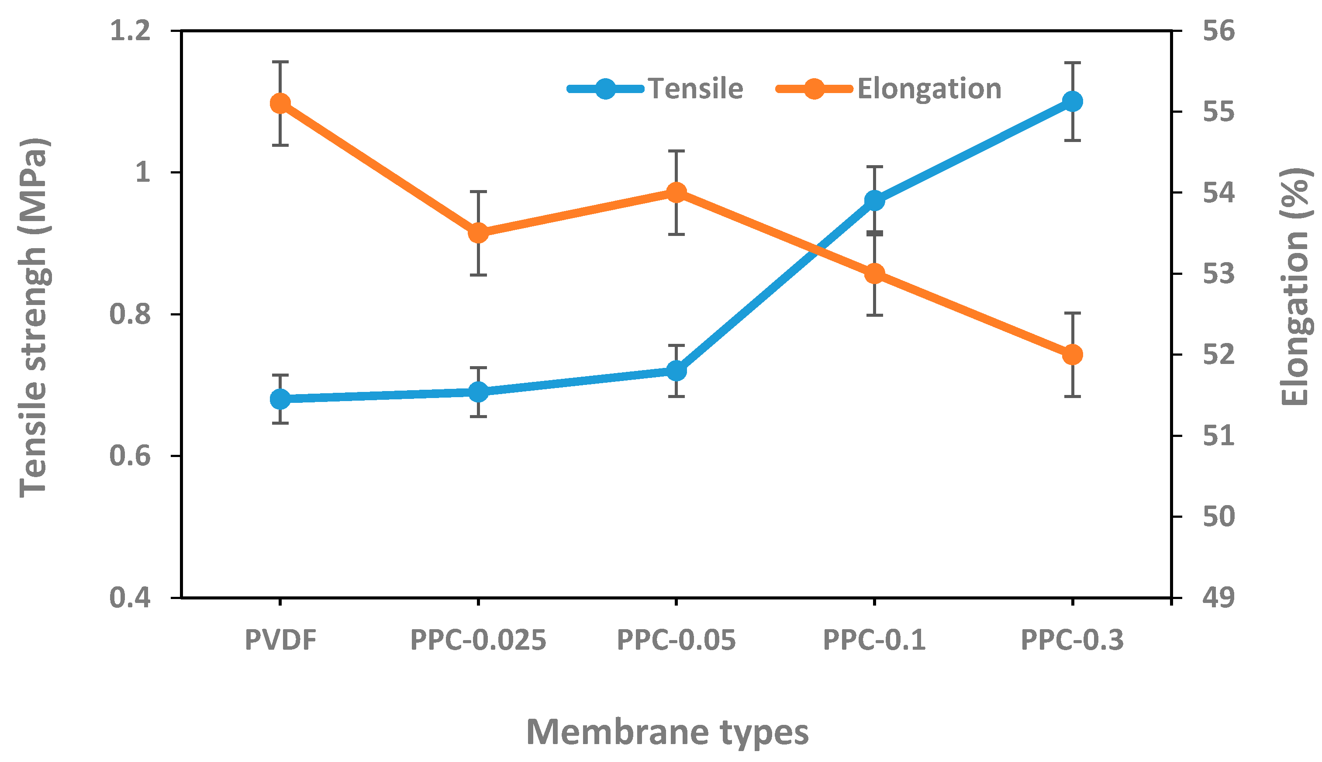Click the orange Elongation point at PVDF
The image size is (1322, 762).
[x=280, y=104]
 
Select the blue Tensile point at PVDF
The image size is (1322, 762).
[x=280, y=399]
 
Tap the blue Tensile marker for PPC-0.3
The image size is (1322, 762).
[x=1073, y=101]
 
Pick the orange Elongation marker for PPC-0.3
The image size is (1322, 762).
[x=1073, y=355]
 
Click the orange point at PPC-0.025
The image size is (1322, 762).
[x=478, y=233]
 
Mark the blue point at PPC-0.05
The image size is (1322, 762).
[x=677, y=371]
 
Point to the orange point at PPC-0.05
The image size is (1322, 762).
[x=677, y=193]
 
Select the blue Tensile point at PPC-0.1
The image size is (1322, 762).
[x=874, y=201]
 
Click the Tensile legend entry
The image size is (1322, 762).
[x=695, y=88]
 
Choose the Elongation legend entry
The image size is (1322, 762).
[x=929, y=88]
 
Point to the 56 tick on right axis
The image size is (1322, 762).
[x=1218, y=31]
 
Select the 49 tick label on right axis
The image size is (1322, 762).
[x=1218, y=598]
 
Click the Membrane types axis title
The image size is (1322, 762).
[x=667, y=732]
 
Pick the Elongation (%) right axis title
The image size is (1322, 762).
[x=1294, y=287]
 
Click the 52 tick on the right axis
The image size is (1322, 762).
[x=1218, y=355]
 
